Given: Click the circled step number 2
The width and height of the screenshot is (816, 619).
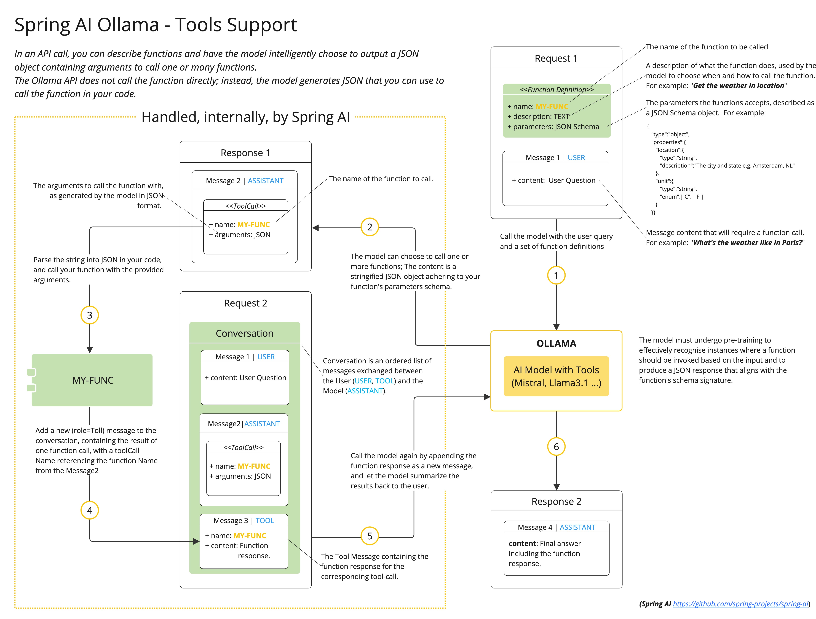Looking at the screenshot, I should click(x=370, y=227).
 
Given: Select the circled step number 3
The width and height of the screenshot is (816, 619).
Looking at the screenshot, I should click(x=90, y=315).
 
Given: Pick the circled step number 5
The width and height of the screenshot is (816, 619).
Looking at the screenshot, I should click(x=370, y=536).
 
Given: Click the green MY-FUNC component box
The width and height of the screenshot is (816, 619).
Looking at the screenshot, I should click(x=92, y=380).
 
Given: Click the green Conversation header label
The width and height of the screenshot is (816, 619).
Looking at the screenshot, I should click(x=245, y=333).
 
